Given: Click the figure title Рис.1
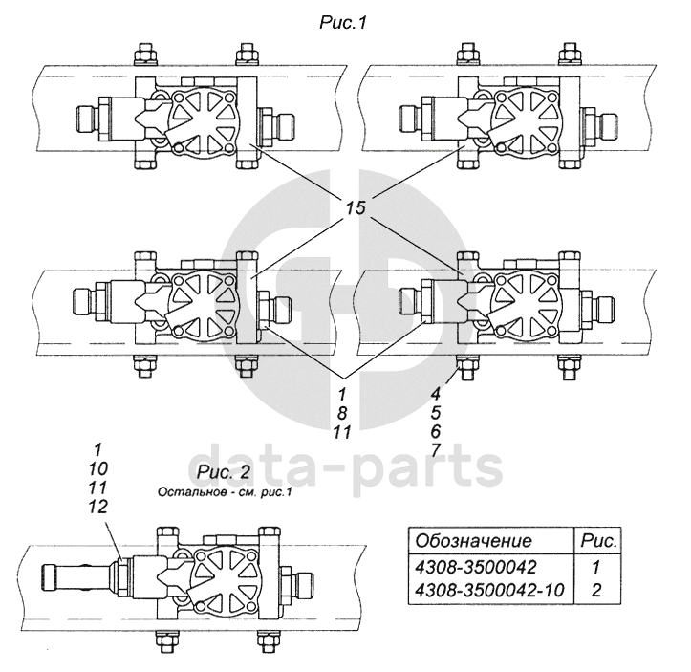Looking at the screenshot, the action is [342, 23].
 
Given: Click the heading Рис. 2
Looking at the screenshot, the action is [224, 472].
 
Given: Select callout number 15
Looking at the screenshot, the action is [356, 207].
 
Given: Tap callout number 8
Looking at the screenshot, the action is [342, 413].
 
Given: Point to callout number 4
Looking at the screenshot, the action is [436, 393].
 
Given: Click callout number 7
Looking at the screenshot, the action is [436, 450].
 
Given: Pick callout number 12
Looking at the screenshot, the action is [97, 507].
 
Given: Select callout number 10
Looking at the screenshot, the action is [97, 468].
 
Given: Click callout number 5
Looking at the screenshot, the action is [436, 412].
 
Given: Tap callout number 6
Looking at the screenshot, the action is [436, 431].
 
